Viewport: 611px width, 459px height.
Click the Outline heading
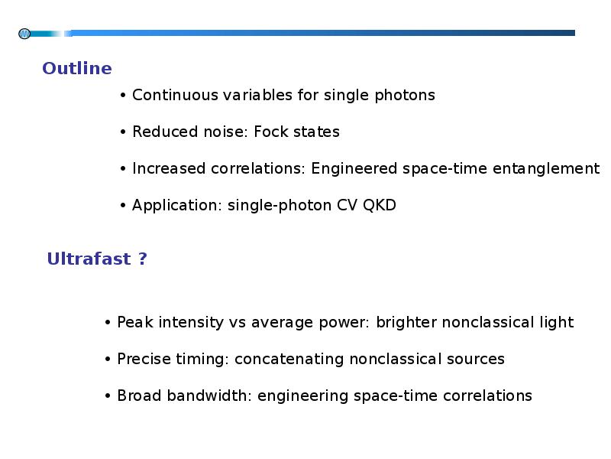(x=77, y=68)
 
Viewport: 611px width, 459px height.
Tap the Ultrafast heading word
(x=89, y=259)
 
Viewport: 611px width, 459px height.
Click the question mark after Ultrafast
(x=143, y=259)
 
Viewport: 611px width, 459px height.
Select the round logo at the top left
(x=24, y=34)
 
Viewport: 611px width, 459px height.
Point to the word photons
(x=405, y=96)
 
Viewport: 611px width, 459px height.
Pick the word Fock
(x=271, y=132)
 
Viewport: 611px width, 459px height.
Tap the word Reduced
(x=165, y=132)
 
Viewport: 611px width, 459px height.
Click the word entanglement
(x=546, y=169)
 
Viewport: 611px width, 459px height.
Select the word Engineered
(x=354, y=169)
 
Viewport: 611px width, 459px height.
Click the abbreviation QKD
(x=380, y=205)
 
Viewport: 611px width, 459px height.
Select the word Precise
(x=144, y=359)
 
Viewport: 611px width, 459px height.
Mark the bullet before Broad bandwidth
(x=108, y=396)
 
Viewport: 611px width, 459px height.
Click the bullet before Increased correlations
(x=123, y=169)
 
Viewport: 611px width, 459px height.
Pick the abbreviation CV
(x=347, y=205)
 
